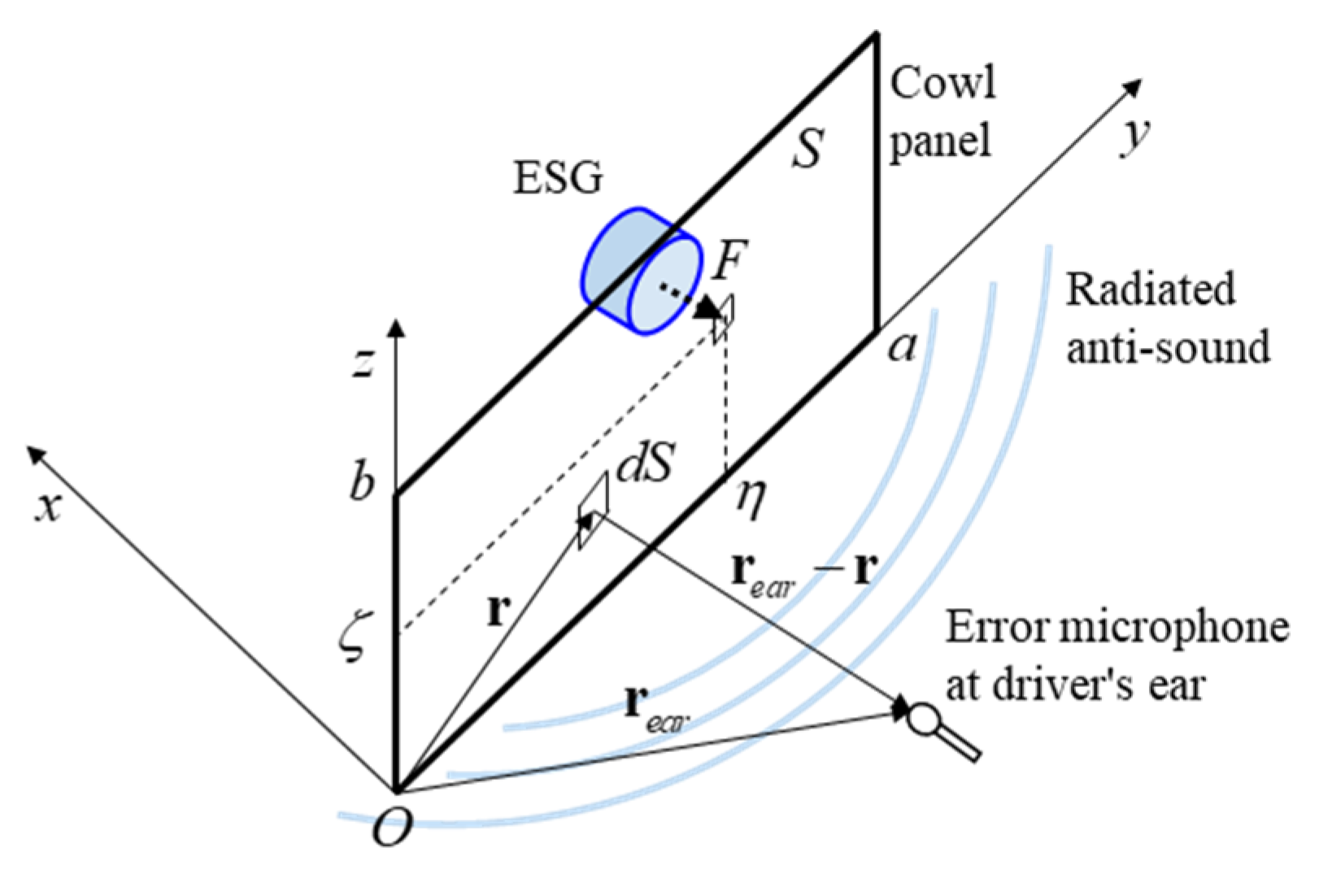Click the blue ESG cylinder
[642, 271]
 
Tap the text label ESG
[558, 177]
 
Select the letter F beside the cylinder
[729, 260]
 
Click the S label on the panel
[808, 149]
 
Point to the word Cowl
[942, 83]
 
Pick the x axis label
[48, 506]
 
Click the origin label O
[392, 828]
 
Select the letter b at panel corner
[362, 481]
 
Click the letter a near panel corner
[902, 348]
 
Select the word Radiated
[1150, 289]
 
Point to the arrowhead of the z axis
[396, 327]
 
